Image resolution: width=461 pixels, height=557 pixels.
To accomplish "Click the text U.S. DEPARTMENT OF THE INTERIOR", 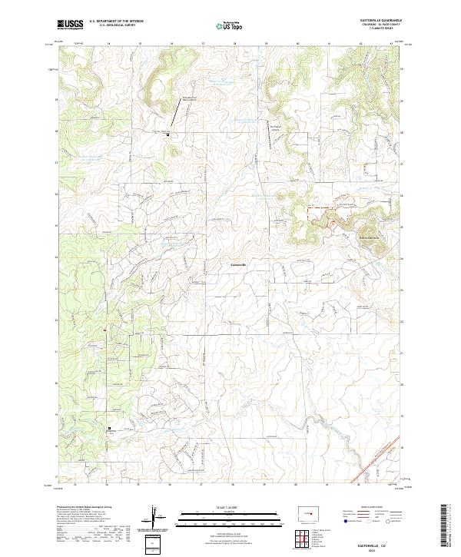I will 116,22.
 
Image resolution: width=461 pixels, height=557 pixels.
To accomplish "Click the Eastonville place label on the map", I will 239,266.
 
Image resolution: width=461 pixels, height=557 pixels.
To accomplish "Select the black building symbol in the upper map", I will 167,135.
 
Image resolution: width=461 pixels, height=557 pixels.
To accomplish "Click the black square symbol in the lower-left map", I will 109,428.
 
